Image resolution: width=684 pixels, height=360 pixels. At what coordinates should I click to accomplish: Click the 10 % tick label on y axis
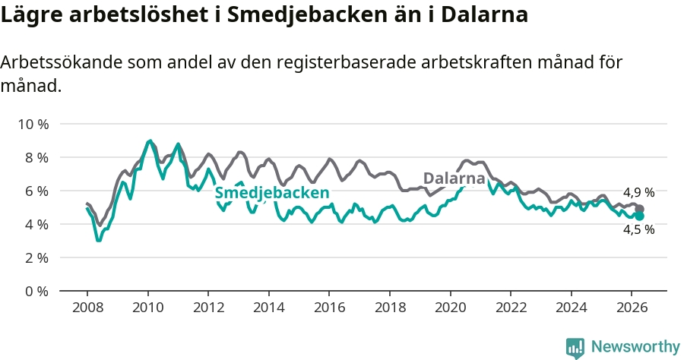click(33, 125)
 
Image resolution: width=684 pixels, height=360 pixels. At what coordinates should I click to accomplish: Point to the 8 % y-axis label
click(36, 158)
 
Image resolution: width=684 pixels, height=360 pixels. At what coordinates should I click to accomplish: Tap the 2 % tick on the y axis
click(36, 258)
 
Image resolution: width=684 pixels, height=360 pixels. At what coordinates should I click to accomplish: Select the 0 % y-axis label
click(36, 291)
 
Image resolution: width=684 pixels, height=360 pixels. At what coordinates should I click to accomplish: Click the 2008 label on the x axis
click(87, 308)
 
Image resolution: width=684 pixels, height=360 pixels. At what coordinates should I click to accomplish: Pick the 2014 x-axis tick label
click(269, 308)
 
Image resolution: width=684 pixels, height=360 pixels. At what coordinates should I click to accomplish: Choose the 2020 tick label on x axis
click(451, 308)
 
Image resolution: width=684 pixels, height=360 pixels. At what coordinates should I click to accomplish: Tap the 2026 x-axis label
click(632, 308)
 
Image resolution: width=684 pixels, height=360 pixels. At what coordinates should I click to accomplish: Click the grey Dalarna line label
click(454, 178)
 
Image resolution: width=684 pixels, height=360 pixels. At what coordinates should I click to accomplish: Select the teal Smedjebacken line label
click(272, 193)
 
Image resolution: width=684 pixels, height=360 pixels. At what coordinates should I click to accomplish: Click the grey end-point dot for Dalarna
click(639, 209)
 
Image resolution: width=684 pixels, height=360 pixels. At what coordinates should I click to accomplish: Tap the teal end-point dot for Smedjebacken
click(639, 216)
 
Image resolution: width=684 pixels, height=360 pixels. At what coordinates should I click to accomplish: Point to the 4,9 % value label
click(638, 192)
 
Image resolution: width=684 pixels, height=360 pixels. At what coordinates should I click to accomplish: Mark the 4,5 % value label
click(638, 229)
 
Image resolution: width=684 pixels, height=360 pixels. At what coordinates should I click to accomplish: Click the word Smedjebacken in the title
click(307, 15)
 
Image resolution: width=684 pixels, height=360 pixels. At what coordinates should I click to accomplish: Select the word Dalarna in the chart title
click(484, 14)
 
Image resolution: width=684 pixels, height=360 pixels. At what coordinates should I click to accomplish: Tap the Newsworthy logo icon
click(575, 348)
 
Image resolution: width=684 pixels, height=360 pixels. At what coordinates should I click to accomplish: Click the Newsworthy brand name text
click(635, 347)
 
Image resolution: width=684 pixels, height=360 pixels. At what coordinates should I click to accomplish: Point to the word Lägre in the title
click(30, 15)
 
